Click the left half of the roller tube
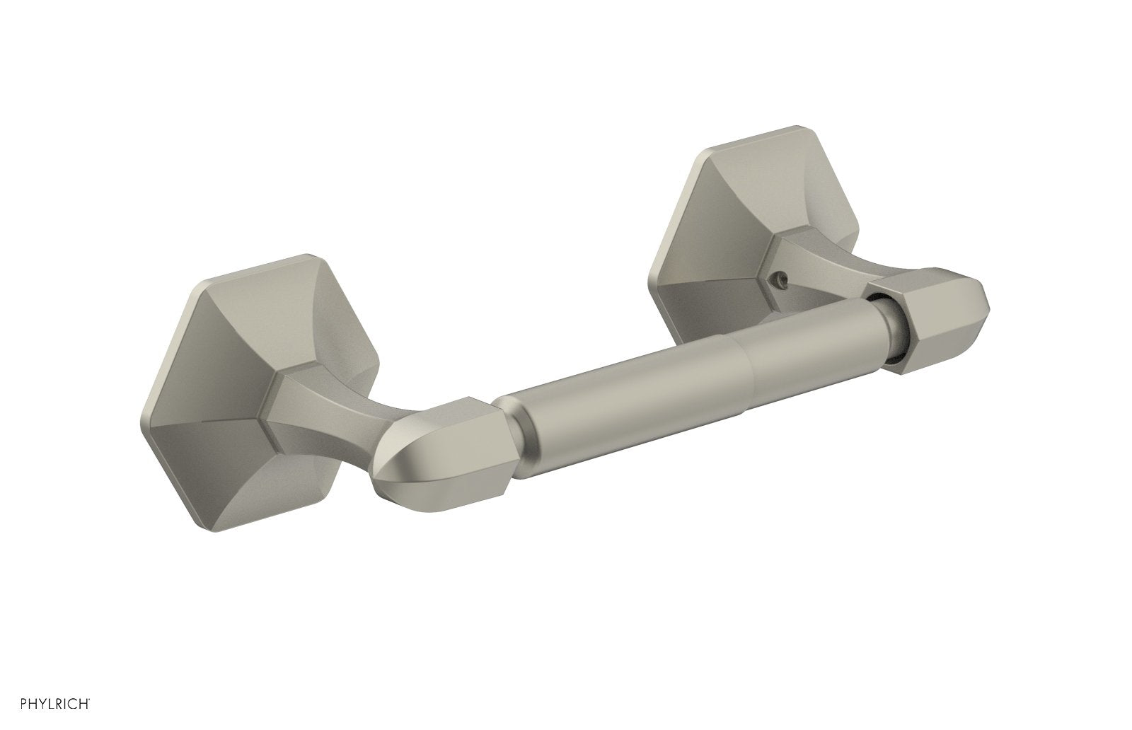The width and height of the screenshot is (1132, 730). coord(623,410)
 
